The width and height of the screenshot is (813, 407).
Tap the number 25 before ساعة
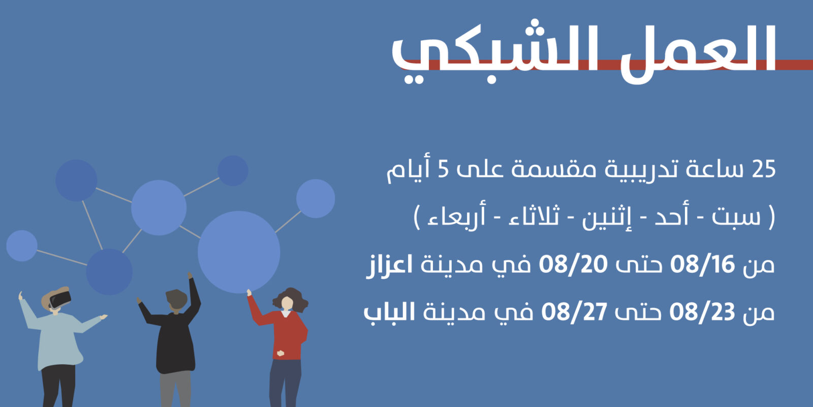[x=764, y=169]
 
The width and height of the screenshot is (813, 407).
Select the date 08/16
[x=702, y=264]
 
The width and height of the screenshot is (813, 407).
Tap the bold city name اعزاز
[x=389, y=265]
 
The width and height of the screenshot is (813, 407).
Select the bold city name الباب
[x=389, y=312]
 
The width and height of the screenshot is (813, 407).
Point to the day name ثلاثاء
[x=534, y=217]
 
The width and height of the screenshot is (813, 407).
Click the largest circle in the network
[x=239, y=252]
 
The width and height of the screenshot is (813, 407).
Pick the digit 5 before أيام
[x=443, y=169]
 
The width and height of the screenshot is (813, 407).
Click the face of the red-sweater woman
[x=287, y=303]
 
